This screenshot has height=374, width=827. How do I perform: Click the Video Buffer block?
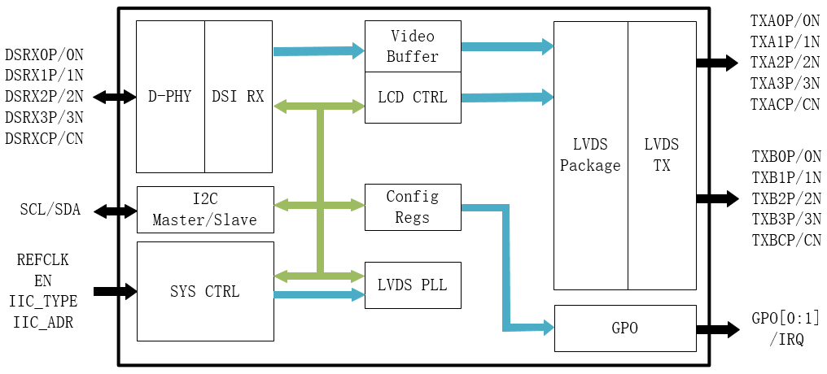pos(413,46)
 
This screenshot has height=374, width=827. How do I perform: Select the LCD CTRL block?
pos(413,98)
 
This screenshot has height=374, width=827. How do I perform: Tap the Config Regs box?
pos(413,207)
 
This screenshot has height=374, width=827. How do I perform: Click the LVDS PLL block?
pos(413,285)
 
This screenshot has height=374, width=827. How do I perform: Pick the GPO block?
pos(624,328)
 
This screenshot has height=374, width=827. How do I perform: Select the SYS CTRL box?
pos(204,291)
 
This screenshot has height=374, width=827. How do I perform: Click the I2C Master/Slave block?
pos(204,210)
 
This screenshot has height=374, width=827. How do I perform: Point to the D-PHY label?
pos(170,97)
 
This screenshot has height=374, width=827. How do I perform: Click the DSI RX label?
pos(238,97)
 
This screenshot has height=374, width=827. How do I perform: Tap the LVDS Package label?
pos(590,155)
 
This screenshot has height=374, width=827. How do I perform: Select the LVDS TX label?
pos(661,155)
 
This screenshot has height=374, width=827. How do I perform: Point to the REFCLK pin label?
pos(43,260)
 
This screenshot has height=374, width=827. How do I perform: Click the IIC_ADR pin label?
pos(43,323)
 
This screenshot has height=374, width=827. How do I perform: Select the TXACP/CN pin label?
pos(785,104)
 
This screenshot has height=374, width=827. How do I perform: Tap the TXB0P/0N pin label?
pos(785,156)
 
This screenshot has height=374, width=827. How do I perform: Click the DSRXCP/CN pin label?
pos(44,138)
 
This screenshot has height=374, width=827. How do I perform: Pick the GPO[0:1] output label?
pos(785,319)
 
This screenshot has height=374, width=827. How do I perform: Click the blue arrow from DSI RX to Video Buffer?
pos(318,51)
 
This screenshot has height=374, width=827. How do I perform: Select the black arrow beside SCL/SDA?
pos(116,211)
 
